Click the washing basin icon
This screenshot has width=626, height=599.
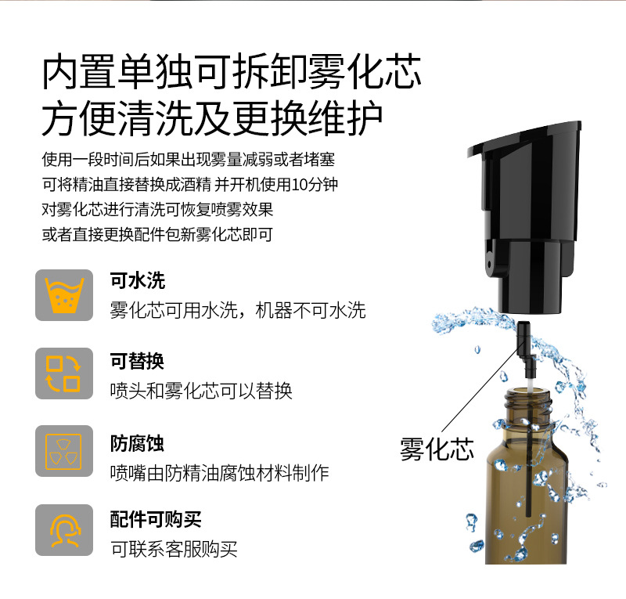click(x=64, y=295)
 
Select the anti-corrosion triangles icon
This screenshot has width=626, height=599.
click(x=64, y=451)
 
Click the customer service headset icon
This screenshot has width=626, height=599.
click(x=64, y=529)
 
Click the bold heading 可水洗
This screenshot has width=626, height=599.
click(x=138, y=281)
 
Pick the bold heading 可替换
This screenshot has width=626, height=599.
click(x=138, y=361)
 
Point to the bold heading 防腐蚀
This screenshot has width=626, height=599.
click(x=138, y=443)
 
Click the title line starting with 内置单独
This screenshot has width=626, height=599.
click(x=232, y=73)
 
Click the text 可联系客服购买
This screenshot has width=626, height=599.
click(x=174, y=549)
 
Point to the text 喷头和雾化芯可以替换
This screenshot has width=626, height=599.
click(x=201, y=390)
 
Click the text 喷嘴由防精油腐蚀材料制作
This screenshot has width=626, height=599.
click(x=219, y=472)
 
